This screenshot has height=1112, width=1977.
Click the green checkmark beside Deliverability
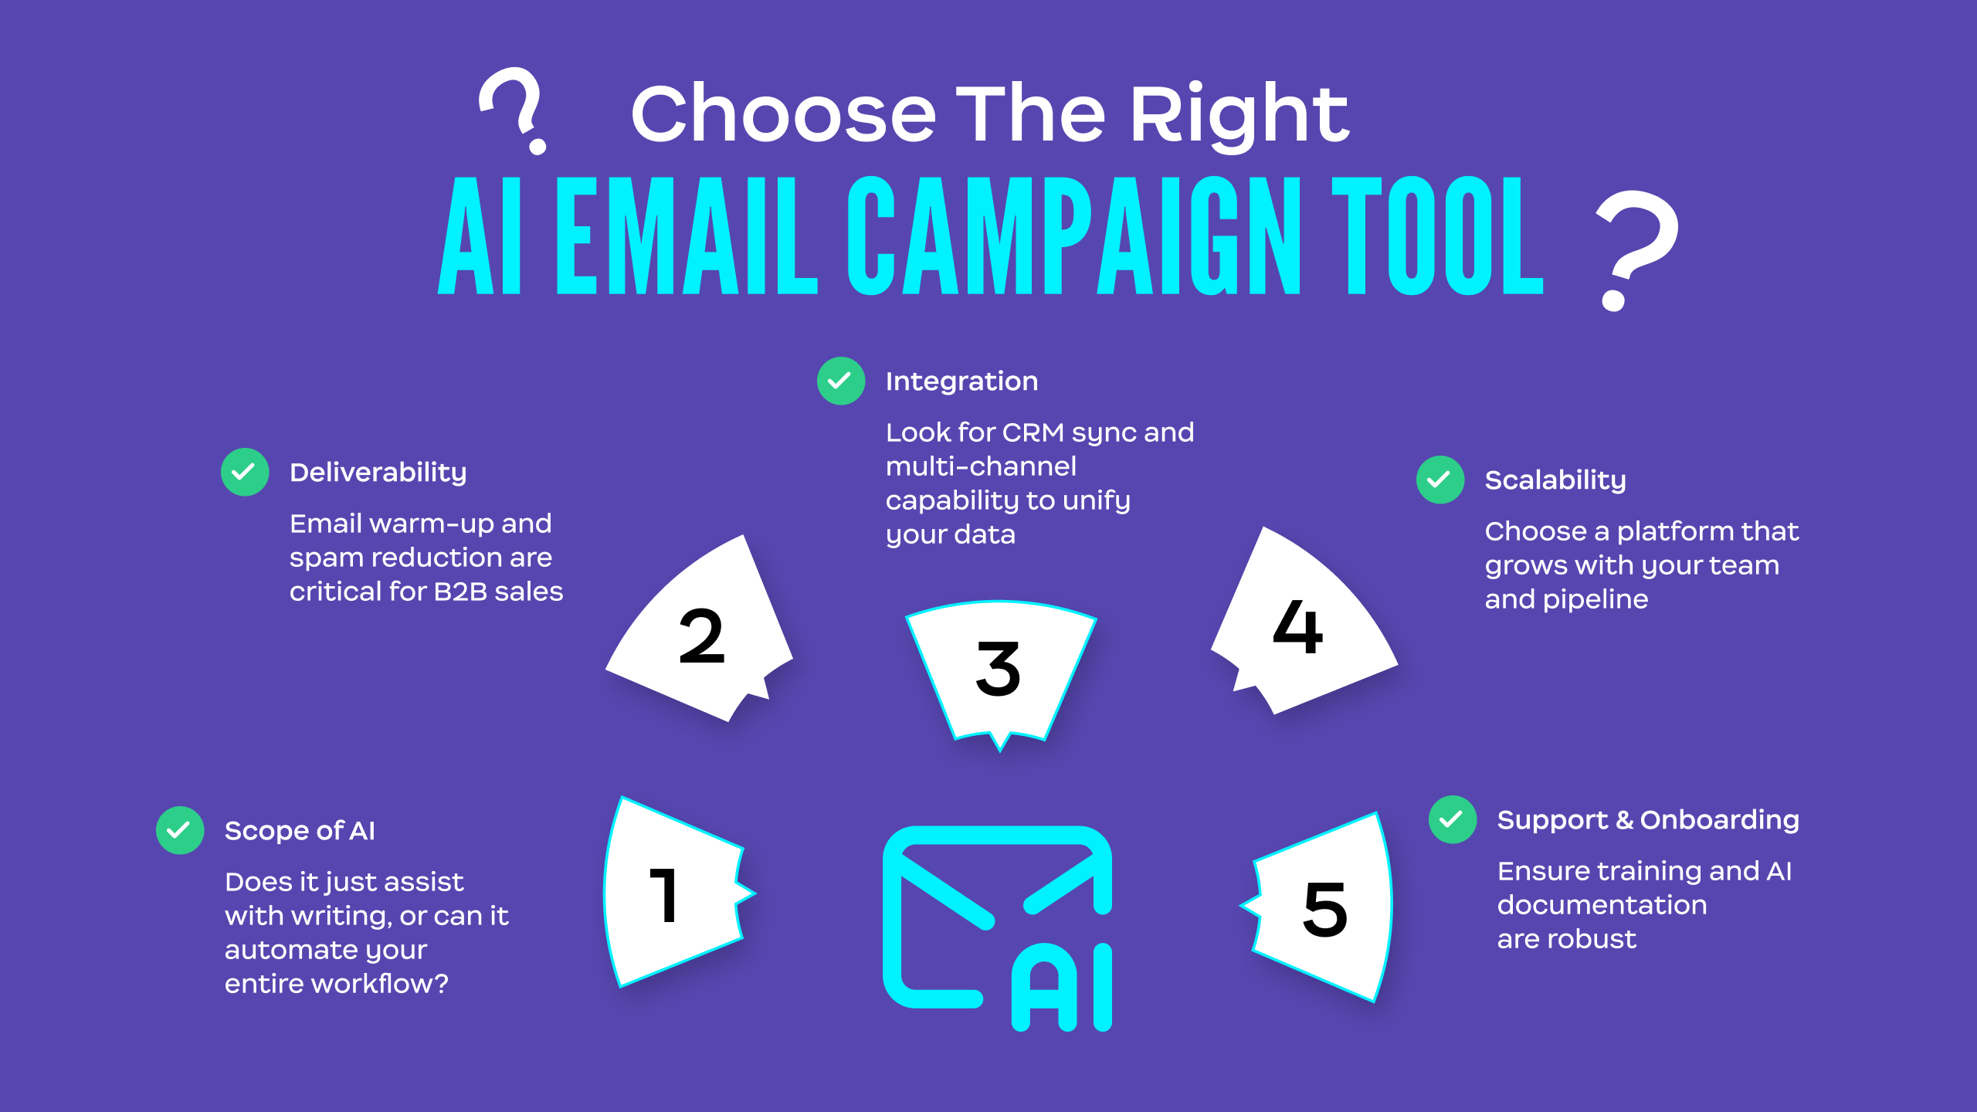coord(245,472)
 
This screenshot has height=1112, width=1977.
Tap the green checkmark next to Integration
coord(841,381)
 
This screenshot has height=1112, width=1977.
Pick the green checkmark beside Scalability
coord(1440,480)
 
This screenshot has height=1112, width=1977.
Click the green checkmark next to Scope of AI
coord(180,830)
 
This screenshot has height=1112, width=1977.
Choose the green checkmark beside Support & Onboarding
coord(1453,819)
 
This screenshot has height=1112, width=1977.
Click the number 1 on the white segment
coord(665,895)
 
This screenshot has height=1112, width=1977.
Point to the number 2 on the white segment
coord(702,636)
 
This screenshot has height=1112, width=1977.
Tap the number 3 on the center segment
coord(998,668)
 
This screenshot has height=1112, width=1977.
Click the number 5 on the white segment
coord(1325,909)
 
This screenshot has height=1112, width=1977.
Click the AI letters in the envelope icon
coord(1062,988)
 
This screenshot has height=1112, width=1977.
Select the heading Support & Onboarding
coord(1648,820)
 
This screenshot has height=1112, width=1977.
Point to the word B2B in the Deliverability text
coord(460,592)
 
